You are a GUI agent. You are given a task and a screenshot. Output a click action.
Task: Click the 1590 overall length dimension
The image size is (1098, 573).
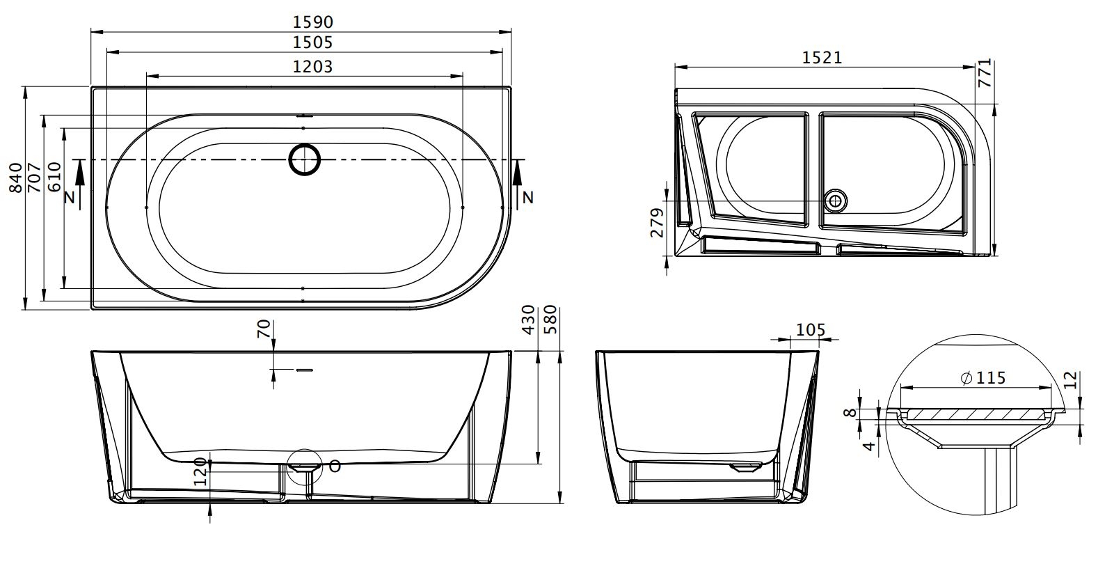point(312,22)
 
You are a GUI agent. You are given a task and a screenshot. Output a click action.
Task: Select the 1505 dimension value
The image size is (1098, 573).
point(312,42)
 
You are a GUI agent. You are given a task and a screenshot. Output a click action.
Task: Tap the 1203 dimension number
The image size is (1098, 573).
point(312,66)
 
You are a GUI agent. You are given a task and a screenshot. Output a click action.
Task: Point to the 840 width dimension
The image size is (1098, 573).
point(16,178)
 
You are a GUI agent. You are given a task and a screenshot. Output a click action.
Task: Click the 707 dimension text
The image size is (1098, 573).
point(34,178)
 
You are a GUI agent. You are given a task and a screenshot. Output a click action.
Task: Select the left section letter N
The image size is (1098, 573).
point(70,198)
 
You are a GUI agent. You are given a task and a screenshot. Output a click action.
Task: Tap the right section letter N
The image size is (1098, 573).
point(527,198)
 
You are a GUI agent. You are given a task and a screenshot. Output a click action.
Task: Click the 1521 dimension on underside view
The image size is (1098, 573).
point(822,58)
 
